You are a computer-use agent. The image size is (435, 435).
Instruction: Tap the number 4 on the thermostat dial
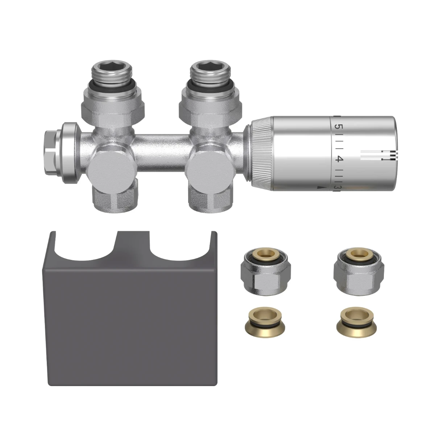click(339, 159)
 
